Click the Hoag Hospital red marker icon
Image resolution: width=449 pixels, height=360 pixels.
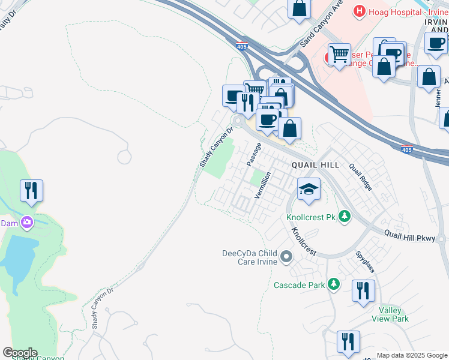(360, 11)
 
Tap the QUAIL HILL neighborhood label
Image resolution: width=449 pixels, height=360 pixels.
(316, 165)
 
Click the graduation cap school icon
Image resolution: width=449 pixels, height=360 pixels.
(309, 190)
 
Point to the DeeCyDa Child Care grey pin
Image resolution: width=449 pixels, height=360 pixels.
(286, 258)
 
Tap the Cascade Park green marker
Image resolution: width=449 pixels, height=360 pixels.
(334, 285)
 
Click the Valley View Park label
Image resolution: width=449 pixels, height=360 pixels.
(394, 314)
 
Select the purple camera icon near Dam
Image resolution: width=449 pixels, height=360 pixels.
(26, 223)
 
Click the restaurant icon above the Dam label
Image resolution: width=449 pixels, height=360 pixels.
(31, 191)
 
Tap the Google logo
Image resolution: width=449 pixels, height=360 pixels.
(20, 353)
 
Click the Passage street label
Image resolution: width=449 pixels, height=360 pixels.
(254, 154)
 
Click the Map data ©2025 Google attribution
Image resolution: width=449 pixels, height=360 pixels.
(411, 355)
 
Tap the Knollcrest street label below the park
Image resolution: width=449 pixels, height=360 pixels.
(304, 241)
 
